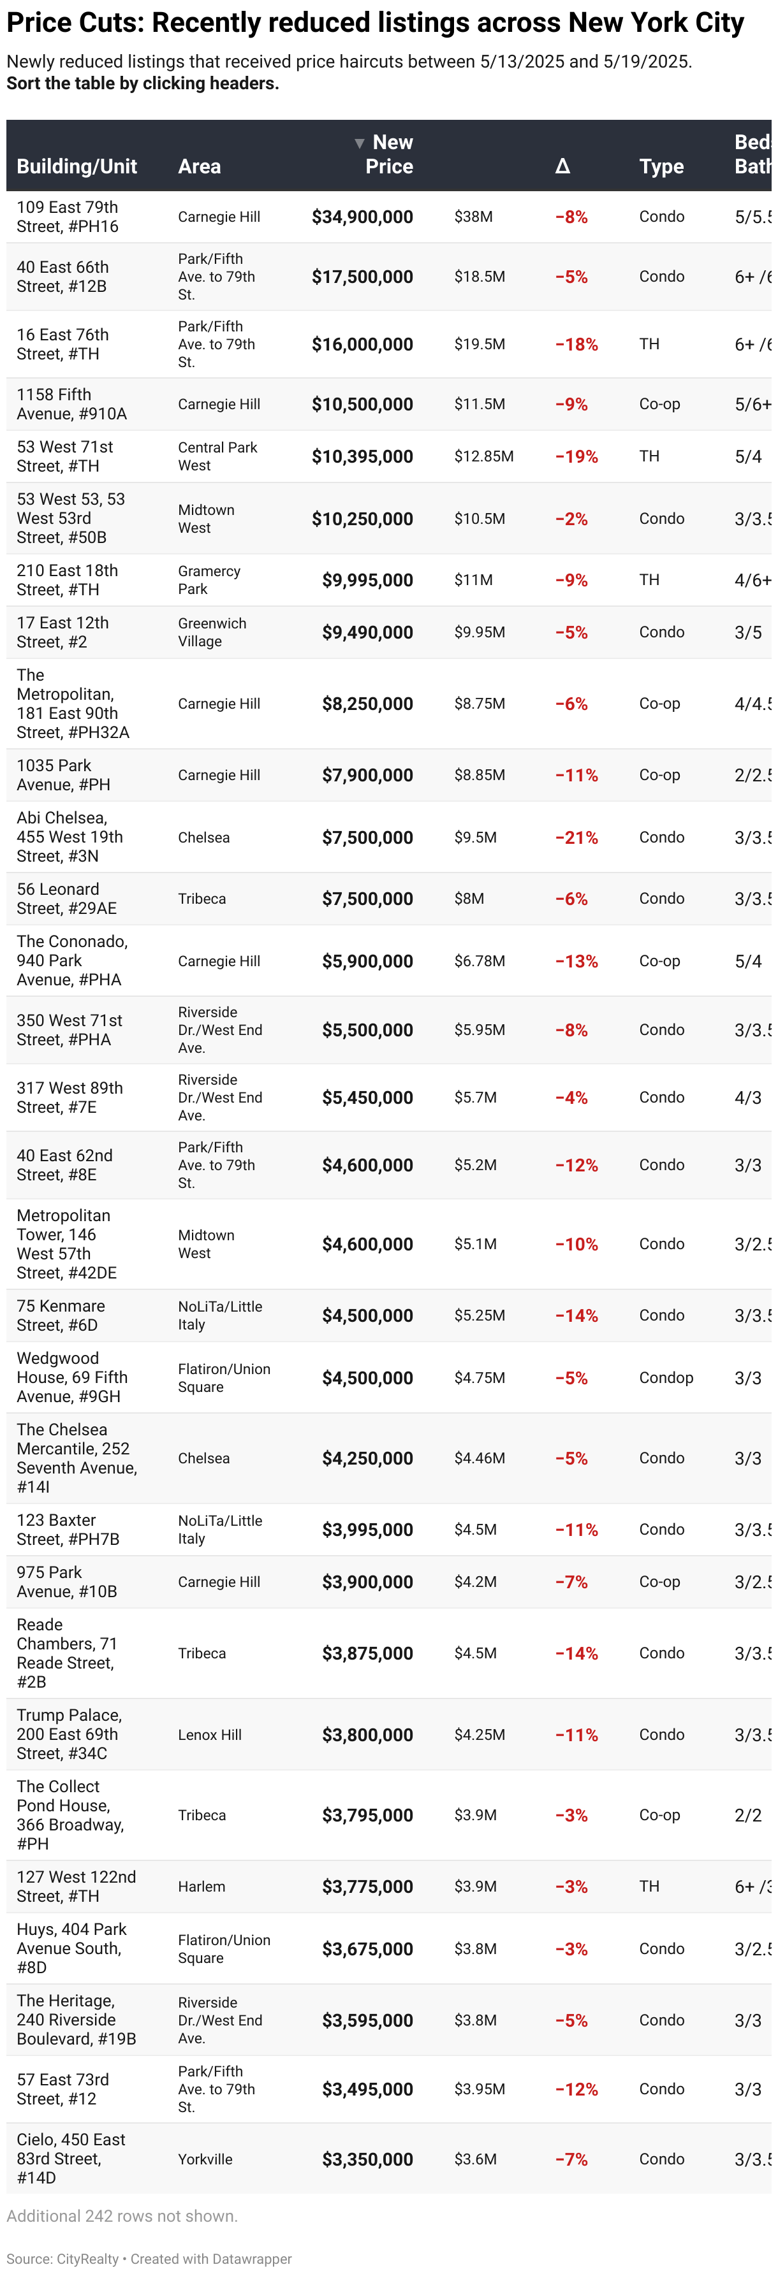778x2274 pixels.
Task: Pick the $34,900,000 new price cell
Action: point(362,217)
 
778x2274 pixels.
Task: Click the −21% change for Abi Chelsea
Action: point(576,837)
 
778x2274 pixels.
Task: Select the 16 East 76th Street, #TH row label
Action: point(62,344)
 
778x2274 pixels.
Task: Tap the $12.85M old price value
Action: point(484,456)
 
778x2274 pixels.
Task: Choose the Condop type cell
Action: point(666,1378)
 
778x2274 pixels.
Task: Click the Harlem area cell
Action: point(202,1887)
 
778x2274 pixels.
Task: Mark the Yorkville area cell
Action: point(205,2159)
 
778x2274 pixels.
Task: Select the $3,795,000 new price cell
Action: point(367,1815)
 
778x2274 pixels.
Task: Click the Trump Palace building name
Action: point(69,1715)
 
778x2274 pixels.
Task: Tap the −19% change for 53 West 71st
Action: point(576,456)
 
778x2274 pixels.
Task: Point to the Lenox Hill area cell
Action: point(209,1735)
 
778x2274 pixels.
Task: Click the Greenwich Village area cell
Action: point(212,632)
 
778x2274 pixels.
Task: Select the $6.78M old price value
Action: point(480,960)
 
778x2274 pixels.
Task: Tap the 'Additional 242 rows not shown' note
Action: point(122,2216)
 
